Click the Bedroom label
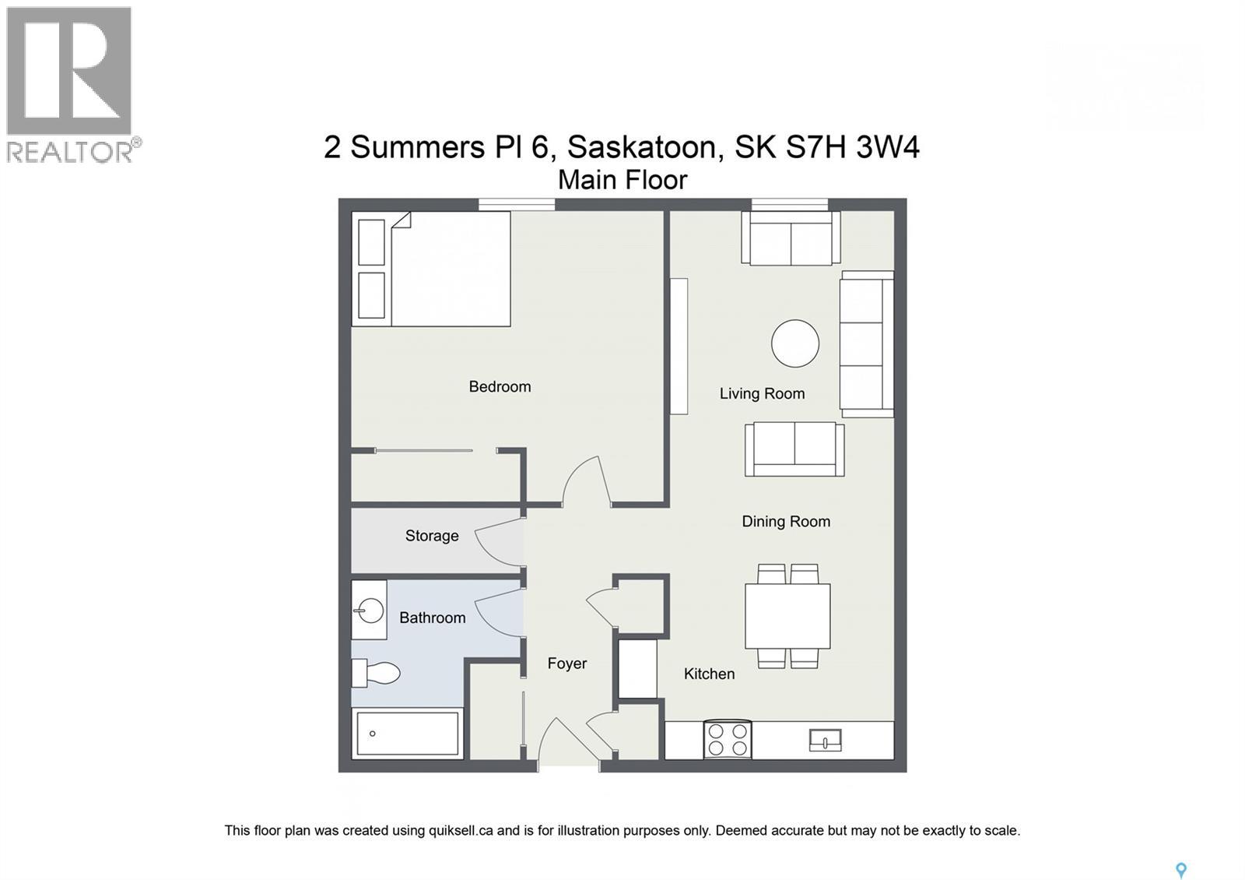click(x=500, y=386)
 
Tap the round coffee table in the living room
click(x=794, y=343)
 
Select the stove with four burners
click(x=727, y=739)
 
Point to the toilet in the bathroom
click(x=377, y=673)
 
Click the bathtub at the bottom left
click(x=407, y=734)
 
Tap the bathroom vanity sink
click(x=370, y=610)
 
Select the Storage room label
click(x=432, y=536)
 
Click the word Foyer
click(x=566, y=664)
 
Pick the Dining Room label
click(x=786, y=522)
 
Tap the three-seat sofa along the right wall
click(x=866, y=344)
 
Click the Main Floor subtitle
click(x=622, y=180)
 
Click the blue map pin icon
click(x=1180, y=870)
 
